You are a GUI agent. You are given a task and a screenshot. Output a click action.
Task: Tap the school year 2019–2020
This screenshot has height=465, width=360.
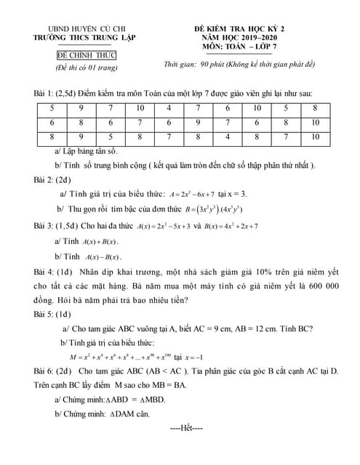click(x=255, y=36)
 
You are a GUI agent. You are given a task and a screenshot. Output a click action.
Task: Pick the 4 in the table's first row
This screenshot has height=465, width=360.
click(x=168, y=108)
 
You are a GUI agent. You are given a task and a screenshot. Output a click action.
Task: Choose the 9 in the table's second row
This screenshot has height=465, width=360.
click(x=197, y=122)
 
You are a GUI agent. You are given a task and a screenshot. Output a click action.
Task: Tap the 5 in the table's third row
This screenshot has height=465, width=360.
click(x=110, y=136)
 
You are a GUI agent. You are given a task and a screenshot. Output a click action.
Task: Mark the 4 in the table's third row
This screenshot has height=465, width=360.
click(x=227, y=136)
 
